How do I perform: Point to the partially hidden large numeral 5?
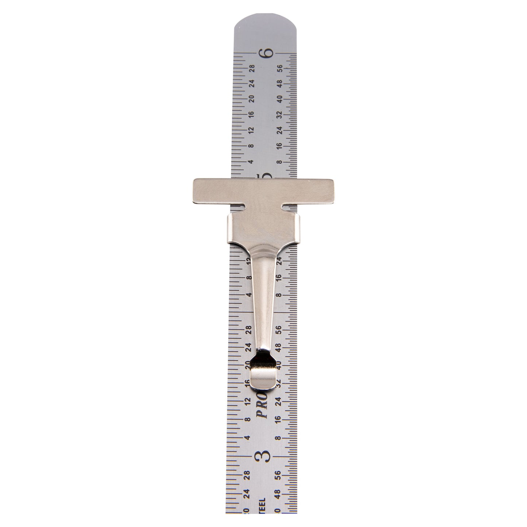point(267,176)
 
